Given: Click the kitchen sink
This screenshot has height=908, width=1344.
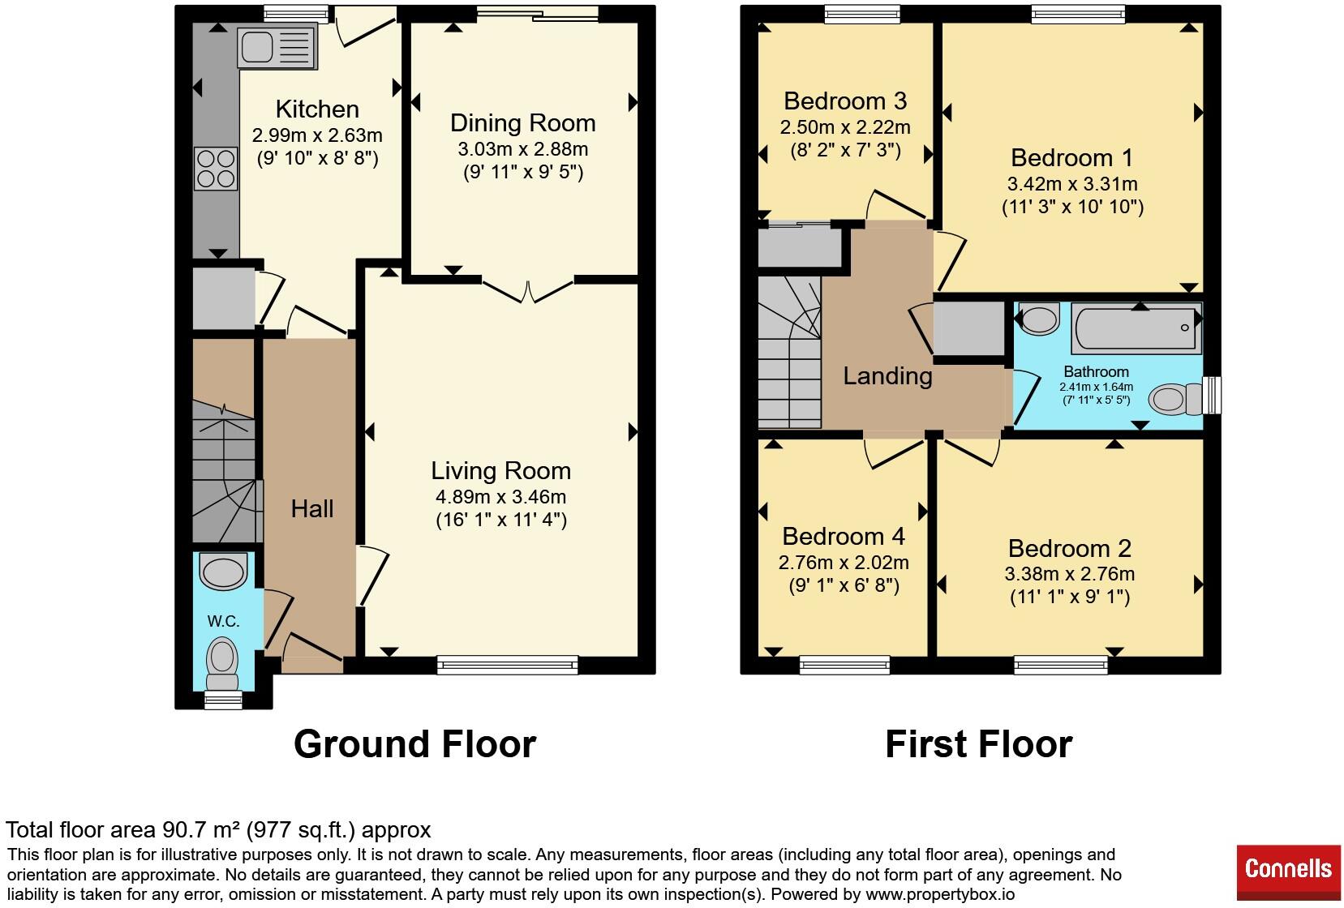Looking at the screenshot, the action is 277,46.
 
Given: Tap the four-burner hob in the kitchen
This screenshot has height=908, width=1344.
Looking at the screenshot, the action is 216,169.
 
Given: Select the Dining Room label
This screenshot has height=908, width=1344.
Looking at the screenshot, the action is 522,123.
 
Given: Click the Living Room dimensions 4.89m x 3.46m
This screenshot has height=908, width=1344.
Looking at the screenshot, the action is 500,497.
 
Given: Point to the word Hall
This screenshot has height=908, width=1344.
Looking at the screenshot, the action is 312,508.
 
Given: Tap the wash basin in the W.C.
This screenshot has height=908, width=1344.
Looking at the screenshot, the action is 222,571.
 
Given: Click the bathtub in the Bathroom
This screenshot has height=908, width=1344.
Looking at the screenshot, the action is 1136,328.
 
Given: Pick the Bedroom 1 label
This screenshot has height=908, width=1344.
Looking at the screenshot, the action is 1071,158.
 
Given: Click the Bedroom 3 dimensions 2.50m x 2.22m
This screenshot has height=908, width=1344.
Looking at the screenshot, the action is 845,127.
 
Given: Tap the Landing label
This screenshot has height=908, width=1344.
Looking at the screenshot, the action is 887,376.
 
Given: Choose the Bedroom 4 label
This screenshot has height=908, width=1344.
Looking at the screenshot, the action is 843,536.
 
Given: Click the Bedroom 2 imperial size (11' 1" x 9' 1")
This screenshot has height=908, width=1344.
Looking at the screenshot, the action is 1070,597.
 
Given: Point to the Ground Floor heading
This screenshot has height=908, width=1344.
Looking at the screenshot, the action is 414,744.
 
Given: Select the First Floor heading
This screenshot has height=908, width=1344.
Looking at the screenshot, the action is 979,744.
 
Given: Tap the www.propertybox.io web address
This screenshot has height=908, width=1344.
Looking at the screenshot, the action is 940,894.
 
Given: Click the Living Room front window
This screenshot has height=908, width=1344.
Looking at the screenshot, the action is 508,665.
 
